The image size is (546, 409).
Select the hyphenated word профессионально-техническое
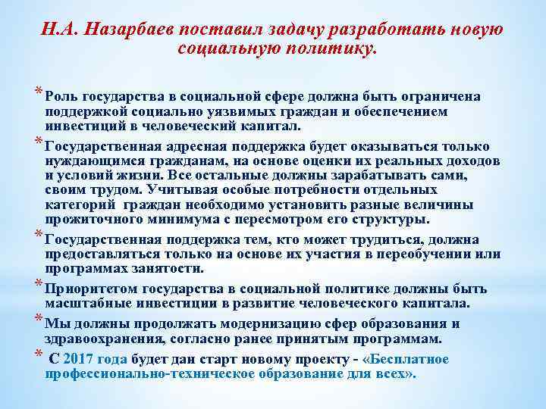(158, 373)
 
